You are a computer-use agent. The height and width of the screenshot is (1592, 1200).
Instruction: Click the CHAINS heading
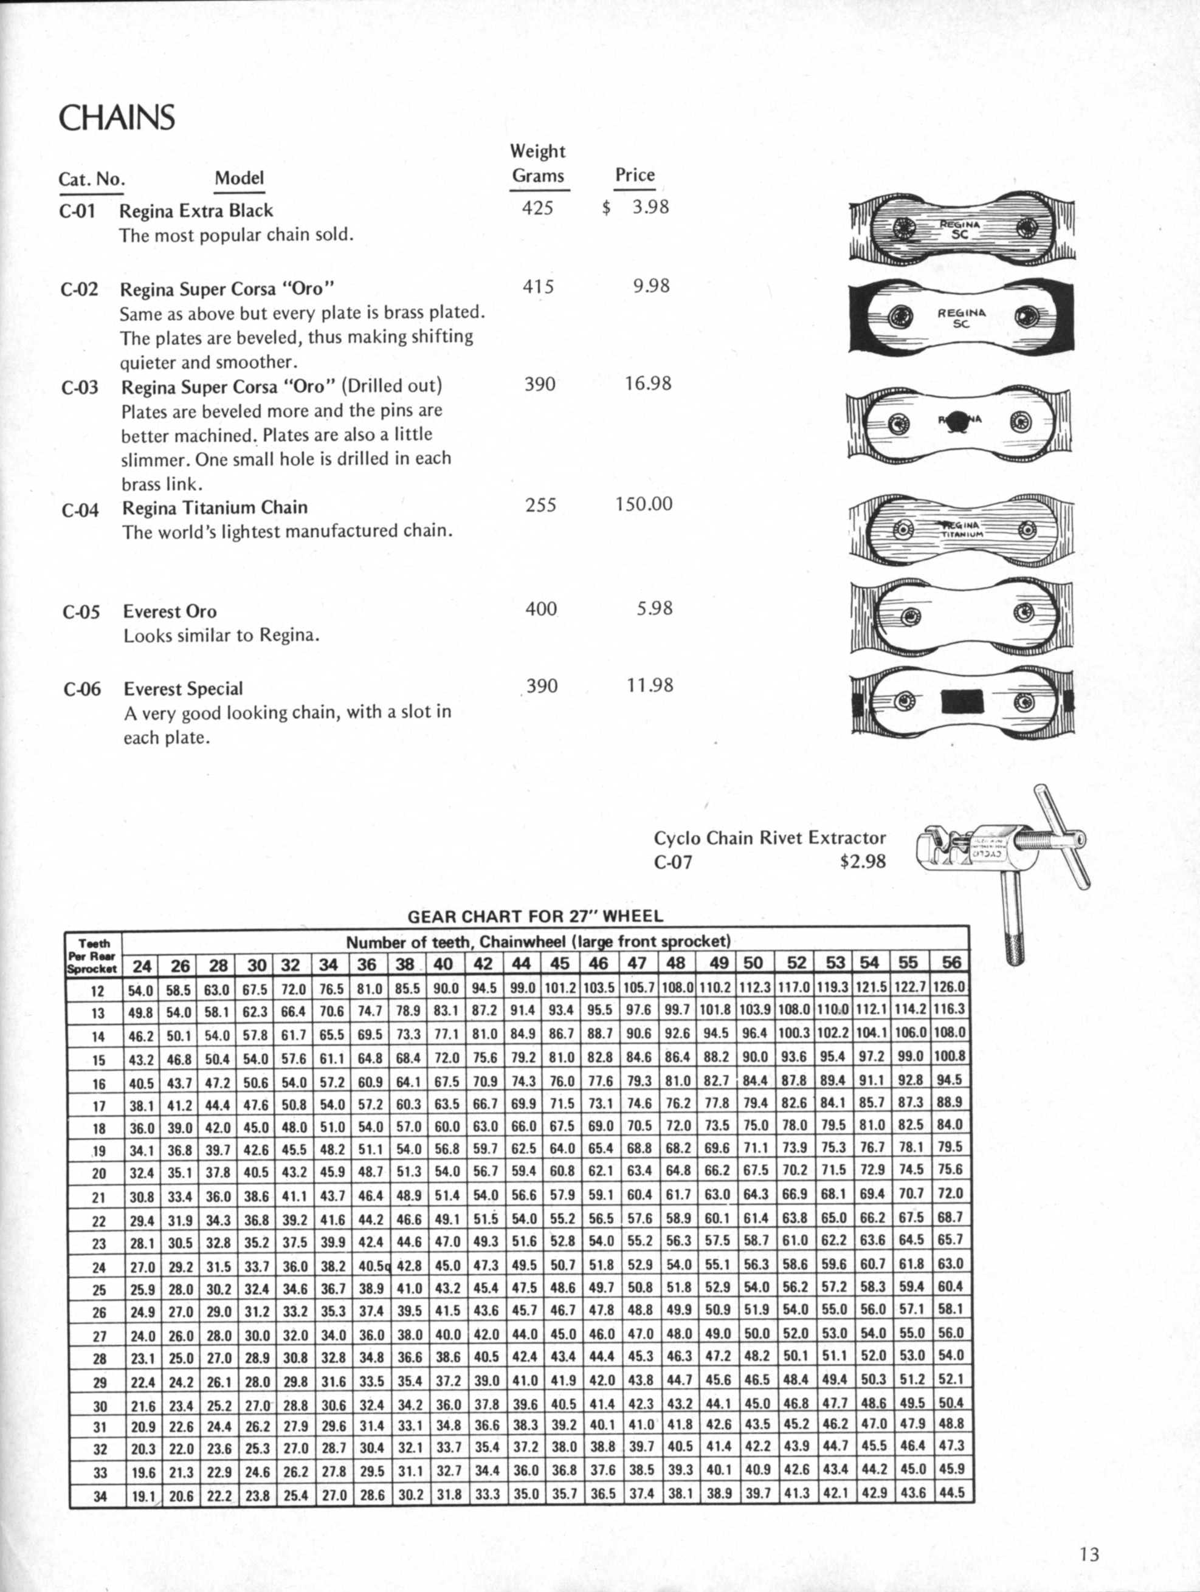(117, 118)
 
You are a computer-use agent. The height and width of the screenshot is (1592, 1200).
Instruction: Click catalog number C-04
(80, 511)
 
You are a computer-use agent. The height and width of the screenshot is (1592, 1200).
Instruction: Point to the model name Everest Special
(183, 689)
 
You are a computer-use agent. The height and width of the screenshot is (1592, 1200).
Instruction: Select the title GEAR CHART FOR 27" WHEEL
(535, 916)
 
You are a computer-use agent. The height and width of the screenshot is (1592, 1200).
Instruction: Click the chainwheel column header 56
(950, 963)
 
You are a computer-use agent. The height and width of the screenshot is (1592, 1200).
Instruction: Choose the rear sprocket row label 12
(97, 991)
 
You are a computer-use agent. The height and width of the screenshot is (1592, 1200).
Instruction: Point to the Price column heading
(634, 175)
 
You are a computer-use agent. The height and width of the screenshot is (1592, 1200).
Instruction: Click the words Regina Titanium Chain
(215, 508)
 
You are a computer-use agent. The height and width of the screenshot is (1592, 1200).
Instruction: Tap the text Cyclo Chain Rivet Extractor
(769, 838)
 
